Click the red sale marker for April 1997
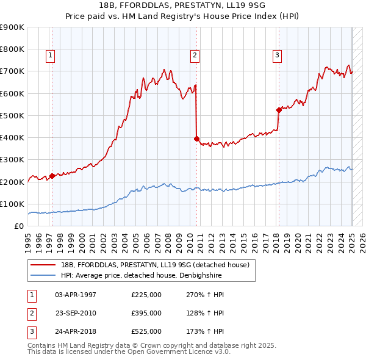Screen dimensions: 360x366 click(x=52, y=176)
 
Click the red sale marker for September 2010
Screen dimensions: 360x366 click(x=196, y=139)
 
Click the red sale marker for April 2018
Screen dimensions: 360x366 click(x=279, y=110)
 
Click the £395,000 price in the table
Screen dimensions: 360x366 click(x=146, y=313)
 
